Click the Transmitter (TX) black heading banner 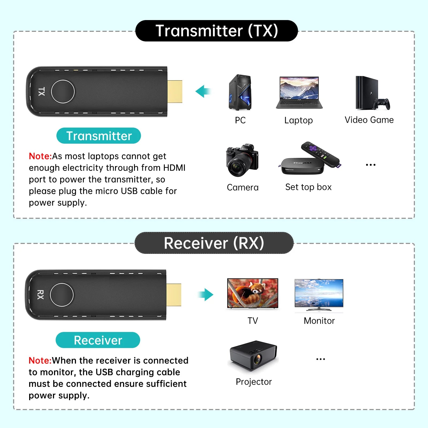click(x=216, y=31)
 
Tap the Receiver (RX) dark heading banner click(x=214, y=243)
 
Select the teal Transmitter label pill click(x=99, y=136)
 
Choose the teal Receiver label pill click(x=98, y=340)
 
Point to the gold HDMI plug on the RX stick click(x=174, y=295)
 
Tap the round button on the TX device click(x=63, y=91)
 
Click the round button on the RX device click(x=62, y=295)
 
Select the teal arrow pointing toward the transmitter click(x=203, y=91)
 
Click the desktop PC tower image click(x=240, y=93)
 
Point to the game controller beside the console click(x=382, y=104)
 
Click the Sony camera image click(x=242, y=160)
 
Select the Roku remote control click(x=320, y=154)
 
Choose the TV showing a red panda click(x=253, y=293)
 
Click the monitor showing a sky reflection click(x=319, y=293)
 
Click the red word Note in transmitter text click(x=40, y=156)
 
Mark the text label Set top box click(x=308, y=187)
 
